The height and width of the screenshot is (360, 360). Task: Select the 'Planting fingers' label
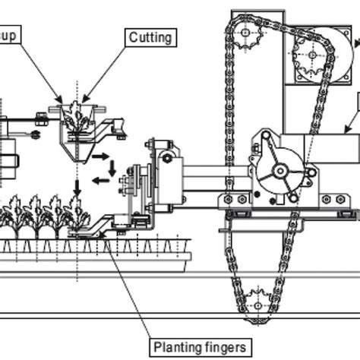pyautogui.click(x=201, y=347)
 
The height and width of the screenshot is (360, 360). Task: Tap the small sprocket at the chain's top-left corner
pyautogui.click(x=245, y=34)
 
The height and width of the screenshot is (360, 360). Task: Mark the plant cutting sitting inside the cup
pyautogui.click(x=76, y=118)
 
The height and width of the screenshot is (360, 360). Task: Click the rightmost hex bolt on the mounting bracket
pyautogui.click(x=346, y=199)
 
